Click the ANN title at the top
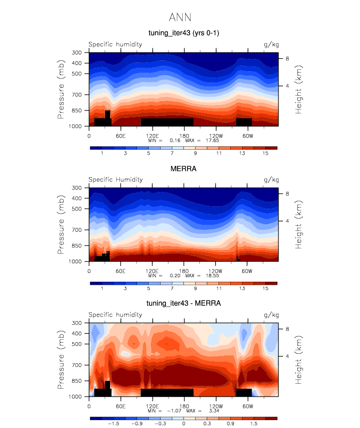tap(180, 17)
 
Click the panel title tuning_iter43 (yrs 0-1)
tap(180, 33)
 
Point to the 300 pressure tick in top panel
tap(76, 53)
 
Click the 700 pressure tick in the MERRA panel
tap(76, 230)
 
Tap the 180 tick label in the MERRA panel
tap(184, 270)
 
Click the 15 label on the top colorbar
tap(266, 153)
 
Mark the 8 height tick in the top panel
tap(287, 59)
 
